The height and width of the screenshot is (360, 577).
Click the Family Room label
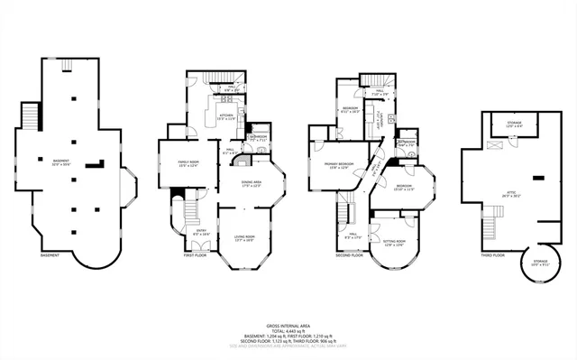coord(176,163)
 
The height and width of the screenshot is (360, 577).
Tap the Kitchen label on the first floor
coord(224,116)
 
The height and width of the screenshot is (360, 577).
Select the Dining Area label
coord(252,183)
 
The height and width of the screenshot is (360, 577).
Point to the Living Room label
coord(245,238)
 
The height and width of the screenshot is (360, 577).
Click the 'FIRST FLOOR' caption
coord(195,255)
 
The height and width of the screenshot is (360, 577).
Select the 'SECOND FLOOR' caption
coord(348,255)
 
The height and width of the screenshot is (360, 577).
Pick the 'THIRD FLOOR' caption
coord(492,255)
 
